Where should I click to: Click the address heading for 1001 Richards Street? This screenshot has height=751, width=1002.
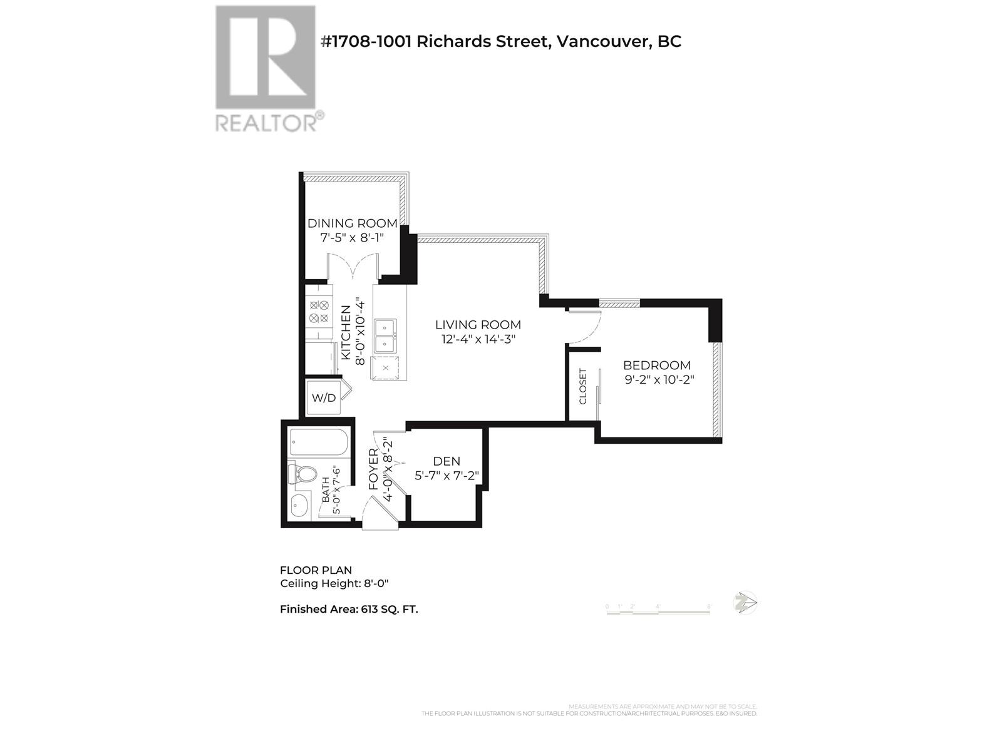coord(500,41)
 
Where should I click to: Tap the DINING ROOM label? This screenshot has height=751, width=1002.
coord(352,223)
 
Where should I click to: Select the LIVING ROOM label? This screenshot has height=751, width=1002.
coord(478,325)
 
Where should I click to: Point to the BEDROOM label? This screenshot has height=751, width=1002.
coord(657,365)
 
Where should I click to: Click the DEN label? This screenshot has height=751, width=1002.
coord(447,462)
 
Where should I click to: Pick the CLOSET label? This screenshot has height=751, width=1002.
coord(583,386)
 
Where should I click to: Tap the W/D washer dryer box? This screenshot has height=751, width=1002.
coord(323,398)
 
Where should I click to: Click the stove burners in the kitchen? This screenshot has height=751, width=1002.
coord(319,312)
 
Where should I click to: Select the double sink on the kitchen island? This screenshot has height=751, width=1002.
coord(385,336)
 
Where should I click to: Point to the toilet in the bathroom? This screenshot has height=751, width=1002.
coord(301,474)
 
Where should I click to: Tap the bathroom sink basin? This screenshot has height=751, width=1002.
coord(300,506)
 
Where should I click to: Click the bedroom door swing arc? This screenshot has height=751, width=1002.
coord(586,326)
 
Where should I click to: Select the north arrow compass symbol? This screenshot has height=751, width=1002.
coord(745,603)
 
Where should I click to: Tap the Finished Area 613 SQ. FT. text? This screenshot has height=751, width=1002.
coord(349,609)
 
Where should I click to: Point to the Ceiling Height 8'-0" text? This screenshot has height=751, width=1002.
coord(334,584)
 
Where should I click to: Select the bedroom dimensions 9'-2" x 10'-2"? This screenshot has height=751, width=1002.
coord(659,380)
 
